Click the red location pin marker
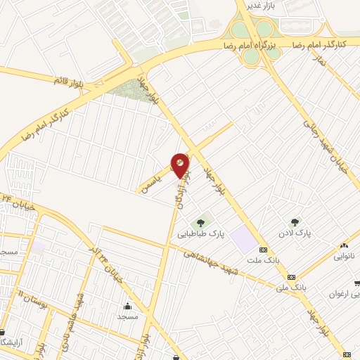coord(181,165)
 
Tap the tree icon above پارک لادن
coord(295,222)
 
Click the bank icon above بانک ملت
coord(264,250)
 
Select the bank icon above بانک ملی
coord(291,276)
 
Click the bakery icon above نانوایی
coord(344,245)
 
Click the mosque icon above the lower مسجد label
coord(127,306)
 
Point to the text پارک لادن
coord(294,232)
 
